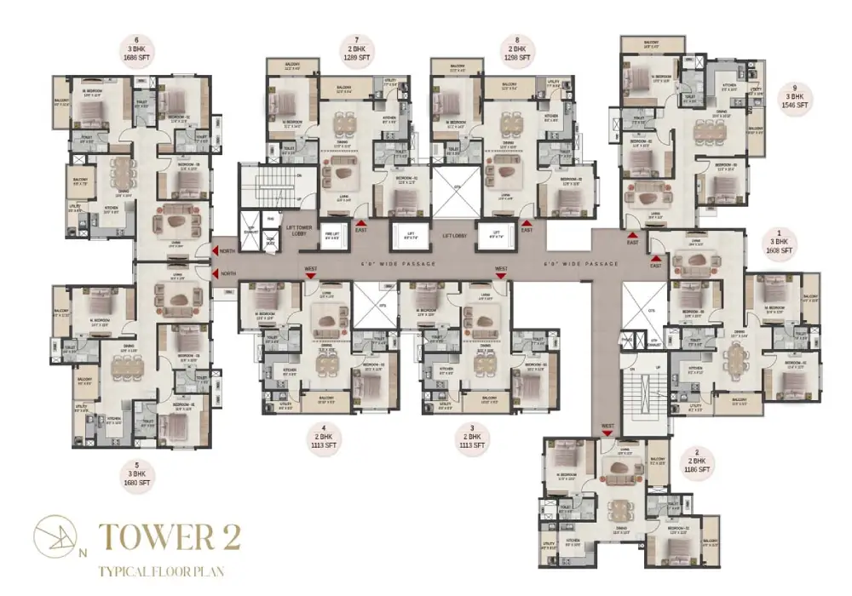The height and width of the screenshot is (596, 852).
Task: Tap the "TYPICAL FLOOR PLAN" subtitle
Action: tap(162, 570)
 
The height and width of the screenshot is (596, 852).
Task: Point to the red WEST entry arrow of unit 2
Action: tap(607, 433)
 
